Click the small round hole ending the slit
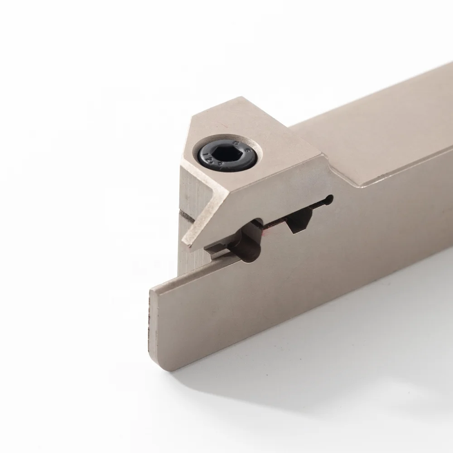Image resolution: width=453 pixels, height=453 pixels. click(x=329, y=200)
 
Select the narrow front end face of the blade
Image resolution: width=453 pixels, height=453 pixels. click(x=153, y=317)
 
